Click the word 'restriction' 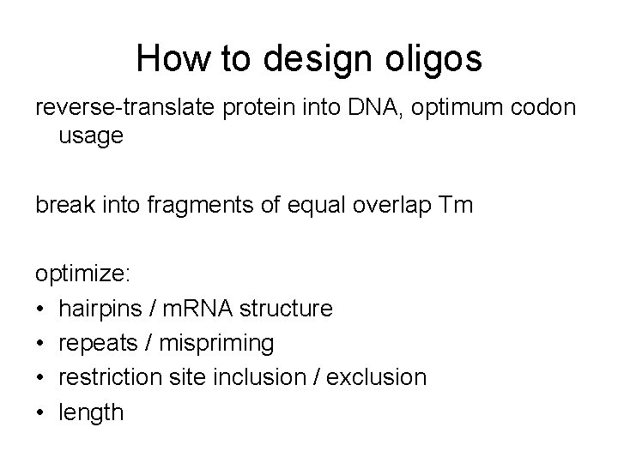pos(112,377)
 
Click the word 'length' pos(91,412)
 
